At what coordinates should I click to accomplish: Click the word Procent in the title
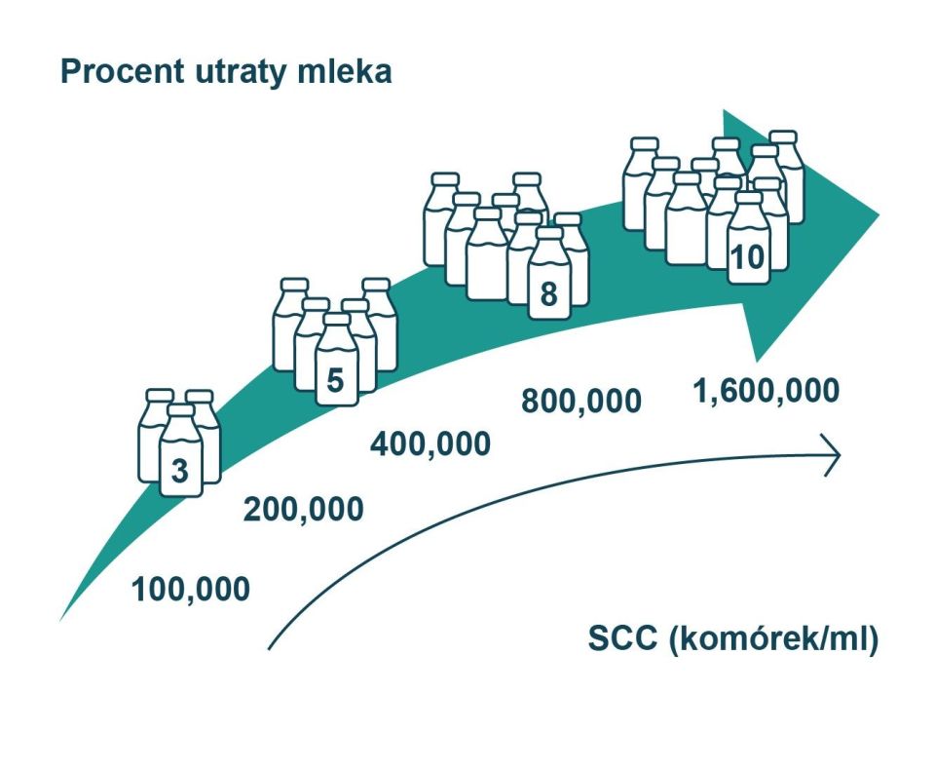123,71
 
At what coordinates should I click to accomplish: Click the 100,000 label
191,590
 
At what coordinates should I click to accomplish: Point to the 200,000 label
304,510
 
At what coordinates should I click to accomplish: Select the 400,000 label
430,444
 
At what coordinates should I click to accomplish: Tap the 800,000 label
581,401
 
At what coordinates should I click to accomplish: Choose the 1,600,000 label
767,392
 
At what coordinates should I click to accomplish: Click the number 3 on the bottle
180,471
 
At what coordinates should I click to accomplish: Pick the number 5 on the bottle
336,379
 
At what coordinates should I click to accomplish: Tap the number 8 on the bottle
548,293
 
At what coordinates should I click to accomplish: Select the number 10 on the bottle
747,258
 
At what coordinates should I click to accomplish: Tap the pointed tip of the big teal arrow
878,213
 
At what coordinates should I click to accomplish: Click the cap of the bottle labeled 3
181,410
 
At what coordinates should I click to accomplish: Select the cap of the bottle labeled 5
337,320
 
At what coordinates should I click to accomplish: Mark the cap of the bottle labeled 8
549,233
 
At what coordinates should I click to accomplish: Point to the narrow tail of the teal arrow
61,618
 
